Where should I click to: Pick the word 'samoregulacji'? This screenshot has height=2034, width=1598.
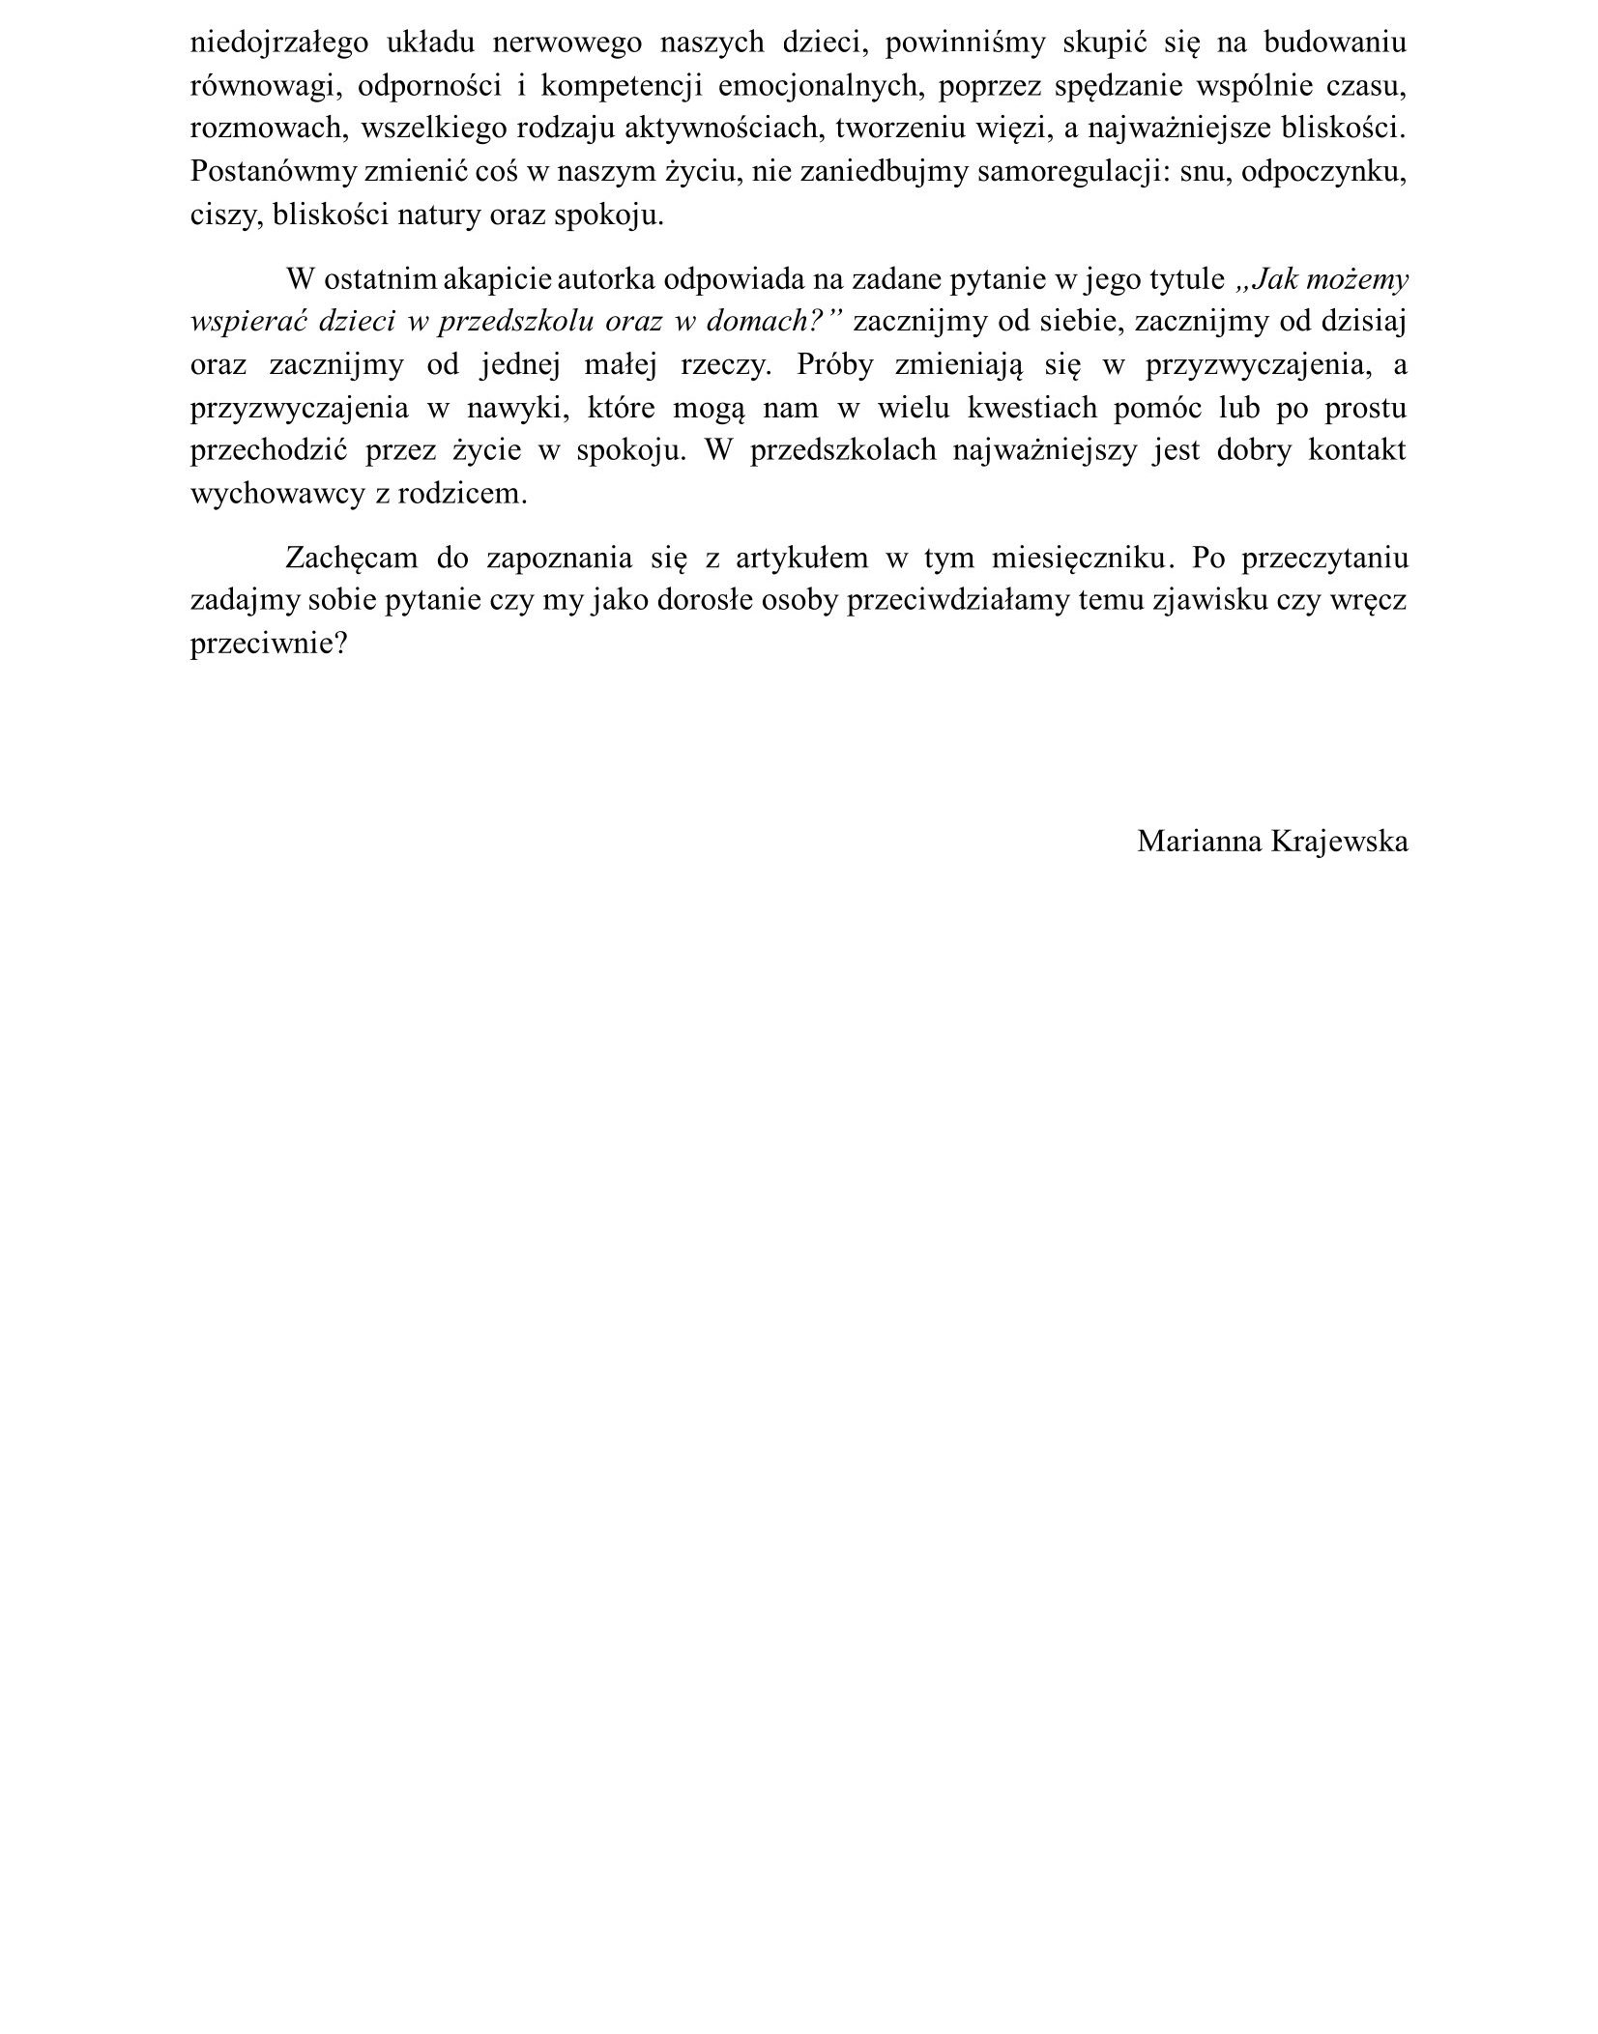tap(1070, 171)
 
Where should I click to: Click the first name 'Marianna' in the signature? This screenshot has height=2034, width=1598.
tap(1199, 841)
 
